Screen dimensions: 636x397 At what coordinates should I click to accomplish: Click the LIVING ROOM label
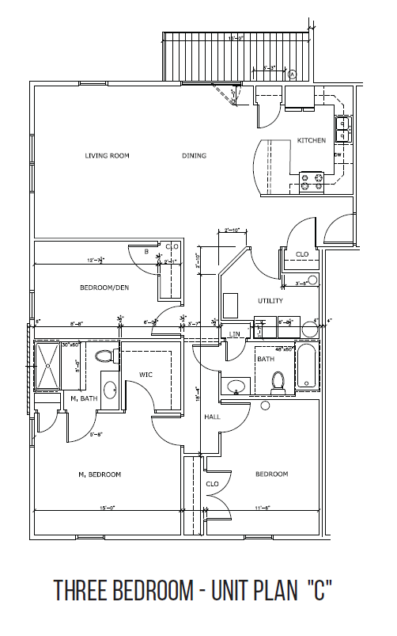click(107, 156)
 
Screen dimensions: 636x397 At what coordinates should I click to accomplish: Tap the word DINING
click(194, 156)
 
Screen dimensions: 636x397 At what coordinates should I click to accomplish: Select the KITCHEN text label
click(311, 140)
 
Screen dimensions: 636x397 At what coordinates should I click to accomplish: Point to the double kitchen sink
click(342, 128)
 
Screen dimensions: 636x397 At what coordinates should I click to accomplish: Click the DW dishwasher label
click(338, 154)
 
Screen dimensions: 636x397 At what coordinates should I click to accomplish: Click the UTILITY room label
click(270, 301)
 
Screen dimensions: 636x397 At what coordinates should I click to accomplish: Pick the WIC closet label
click(146, 374)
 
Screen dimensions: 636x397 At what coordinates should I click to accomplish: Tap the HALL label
click(211, 417)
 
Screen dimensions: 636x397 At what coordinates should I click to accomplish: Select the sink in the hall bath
click(235, 387)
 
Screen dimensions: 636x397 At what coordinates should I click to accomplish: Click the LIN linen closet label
click(235, 335)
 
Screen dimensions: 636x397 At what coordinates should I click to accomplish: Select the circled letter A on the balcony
click(292, 74)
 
